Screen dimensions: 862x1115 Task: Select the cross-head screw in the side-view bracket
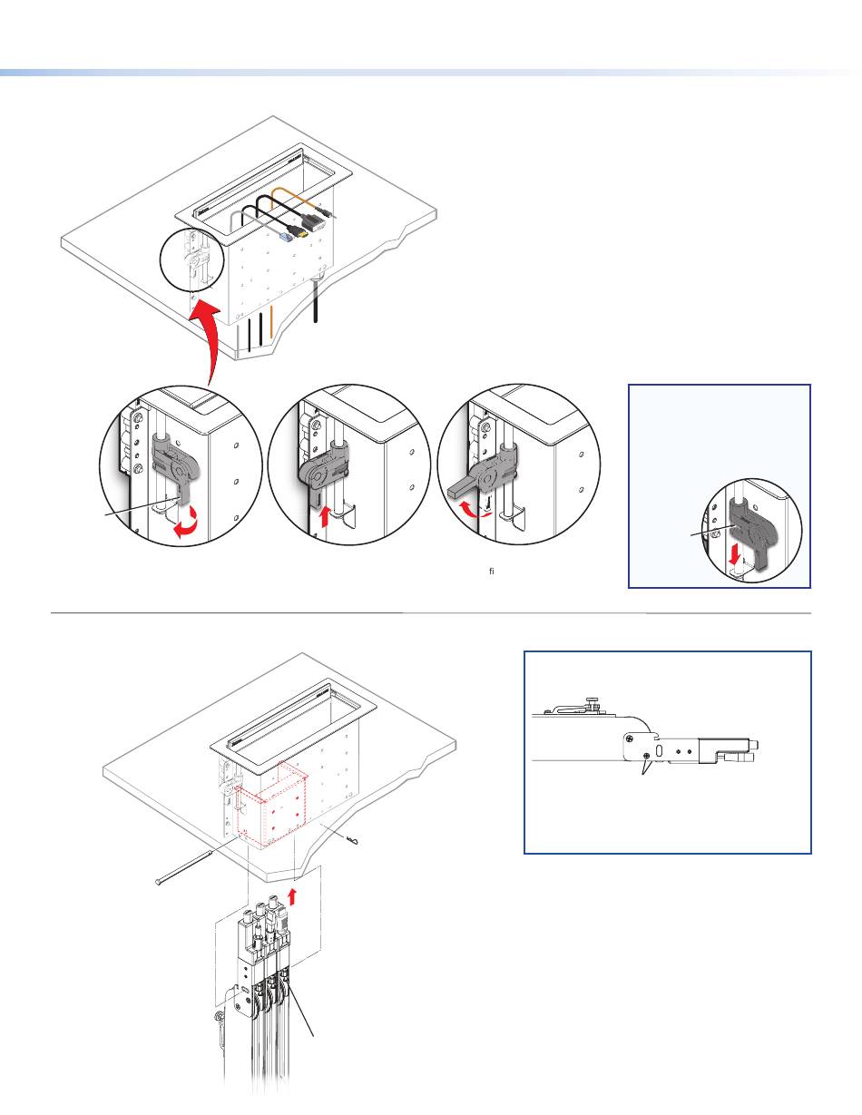pos(646,755)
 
